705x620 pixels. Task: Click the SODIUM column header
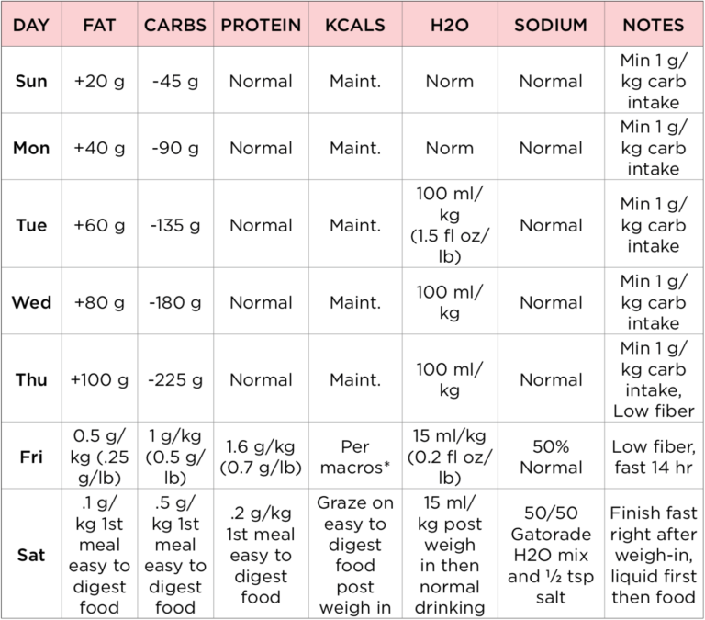coord(551,25)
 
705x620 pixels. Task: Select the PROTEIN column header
coord(261,25)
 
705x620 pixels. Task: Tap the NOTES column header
coord(654,25)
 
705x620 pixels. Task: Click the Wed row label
coord(31,302)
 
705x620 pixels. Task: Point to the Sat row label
coord(31,555)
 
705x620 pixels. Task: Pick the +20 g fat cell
coord(99,81)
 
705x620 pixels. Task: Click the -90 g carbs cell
coord(175,148)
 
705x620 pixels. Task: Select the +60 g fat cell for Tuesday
coord(99,225)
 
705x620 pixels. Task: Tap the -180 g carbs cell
coord(175,302)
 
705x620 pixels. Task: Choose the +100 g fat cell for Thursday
coord(99,379)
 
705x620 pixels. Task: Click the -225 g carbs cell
coord(175,379)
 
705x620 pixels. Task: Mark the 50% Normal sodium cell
coord(551,457)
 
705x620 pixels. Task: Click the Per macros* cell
coord(354,457)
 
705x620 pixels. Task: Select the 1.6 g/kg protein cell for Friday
coord(261,457)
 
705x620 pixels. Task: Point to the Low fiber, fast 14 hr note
coord(654,457)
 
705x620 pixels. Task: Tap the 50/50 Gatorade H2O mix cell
coord(551,555)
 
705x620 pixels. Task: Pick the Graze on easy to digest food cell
coord(354,555)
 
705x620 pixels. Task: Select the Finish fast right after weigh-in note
coord(654,555)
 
